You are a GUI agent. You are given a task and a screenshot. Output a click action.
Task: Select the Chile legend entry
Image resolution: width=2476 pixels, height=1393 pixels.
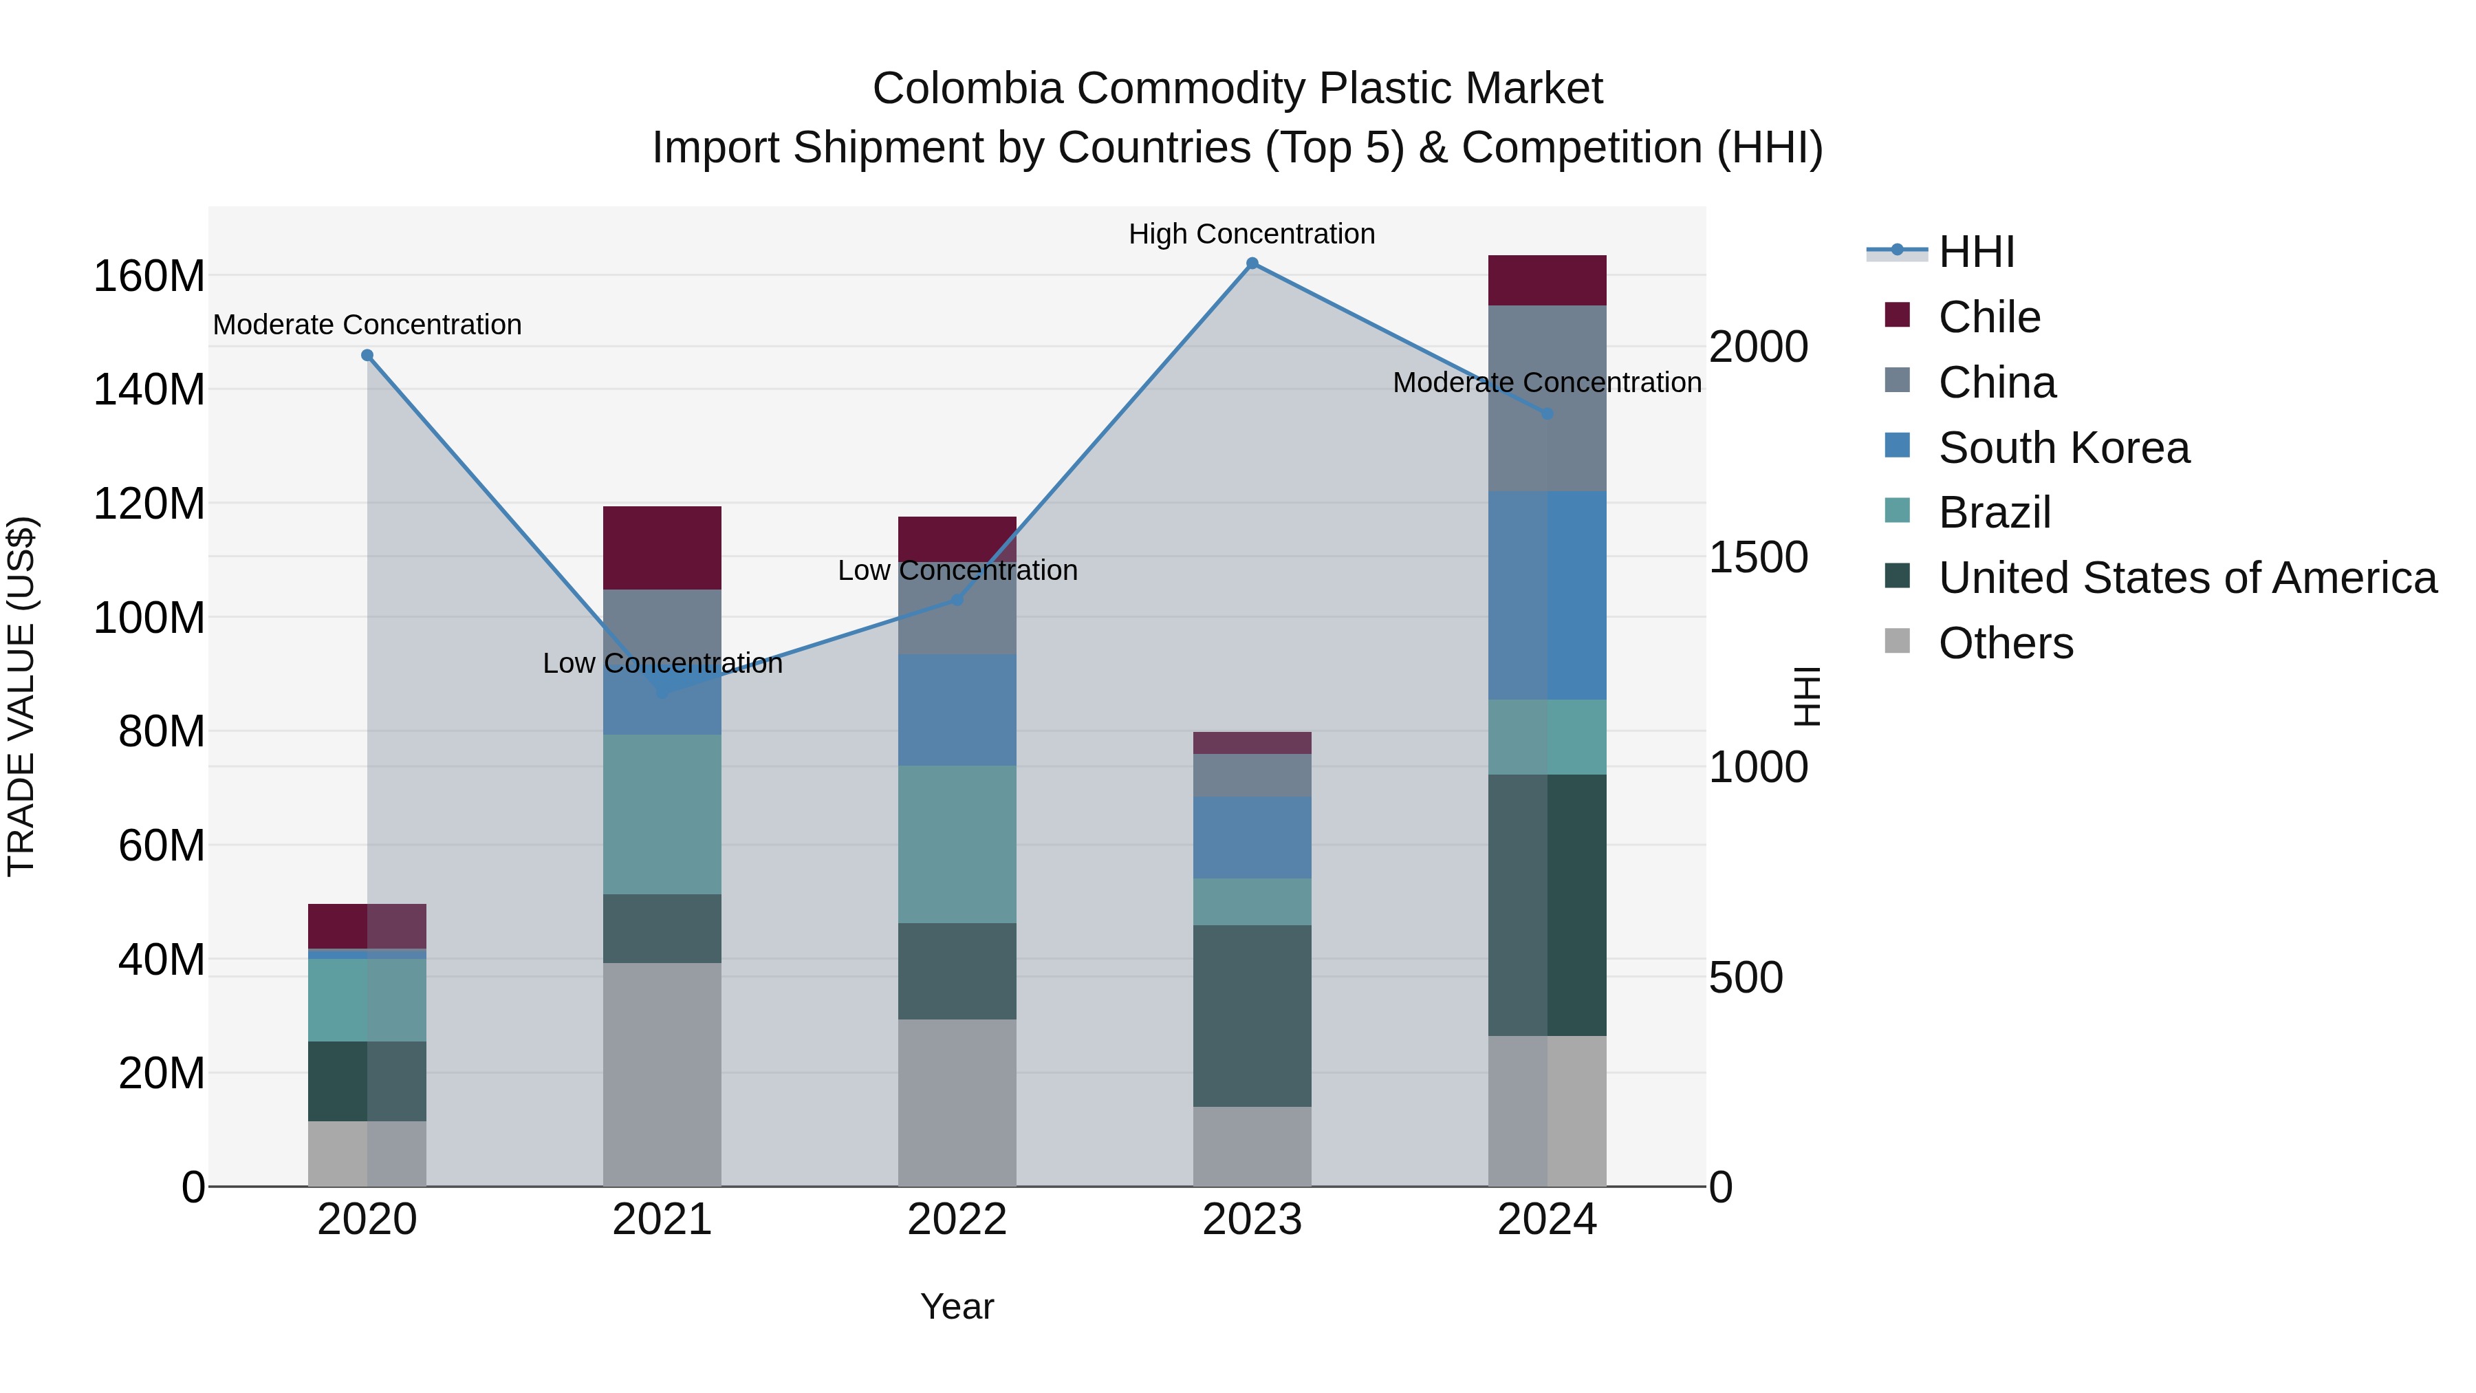pyautogui.click(x=1988, y=317)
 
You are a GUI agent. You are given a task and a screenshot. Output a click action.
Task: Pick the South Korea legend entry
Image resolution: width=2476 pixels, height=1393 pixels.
pyautogui.click(x=2063, y=448)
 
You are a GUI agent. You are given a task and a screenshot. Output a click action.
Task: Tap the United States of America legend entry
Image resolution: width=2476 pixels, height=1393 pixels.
pyautogui.click(x=2186, y=578)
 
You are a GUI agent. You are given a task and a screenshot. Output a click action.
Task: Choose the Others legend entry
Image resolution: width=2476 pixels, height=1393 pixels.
pyautogui.click(x=2005, y=643)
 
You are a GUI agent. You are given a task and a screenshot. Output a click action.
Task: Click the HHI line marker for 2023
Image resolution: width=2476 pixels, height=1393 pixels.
pyautogui.click(x=1252, y=263)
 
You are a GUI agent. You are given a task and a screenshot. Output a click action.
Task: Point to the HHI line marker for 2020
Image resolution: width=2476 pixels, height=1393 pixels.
pyautogui.click(x=367, y=356)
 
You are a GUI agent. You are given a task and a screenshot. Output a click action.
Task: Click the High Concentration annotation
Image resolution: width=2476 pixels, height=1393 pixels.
pyautogui.click(x=1252, y=234)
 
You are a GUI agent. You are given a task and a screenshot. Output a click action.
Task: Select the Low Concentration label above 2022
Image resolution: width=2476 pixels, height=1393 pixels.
pyautogui.click(x=957, y=570)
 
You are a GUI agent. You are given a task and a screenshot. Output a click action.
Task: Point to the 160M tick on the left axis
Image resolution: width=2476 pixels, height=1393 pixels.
pyautogui.click(x=149, y=277)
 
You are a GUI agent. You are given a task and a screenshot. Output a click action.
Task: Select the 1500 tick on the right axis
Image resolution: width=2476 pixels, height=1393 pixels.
pyautogui.click(x=1758, y=558)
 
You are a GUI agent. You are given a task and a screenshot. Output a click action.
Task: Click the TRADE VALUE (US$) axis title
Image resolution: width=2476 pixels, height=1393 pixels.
pyautogui.click(x=21, y=696)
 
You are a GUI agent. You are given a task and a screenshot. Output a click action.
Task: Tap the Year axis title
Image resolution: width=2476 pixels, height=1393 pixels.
pyautogui.click(x=957, y=1306)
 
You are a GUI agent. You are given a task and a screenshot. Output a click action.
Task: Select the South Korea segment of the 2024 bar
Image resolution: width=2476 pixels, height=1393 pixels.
pyautogui.click(x=1547, y=595)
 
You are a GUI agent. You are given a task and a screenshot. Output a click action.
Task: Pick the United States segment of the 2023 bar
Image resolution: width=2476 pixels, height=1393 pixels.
pyautogui.click(x=1252, y=1015)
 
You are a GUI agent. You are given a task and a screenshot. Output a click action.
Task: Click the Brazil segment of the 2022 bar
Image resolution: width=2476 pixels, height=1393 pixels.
pyautogui.click(x=957, y=844)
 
